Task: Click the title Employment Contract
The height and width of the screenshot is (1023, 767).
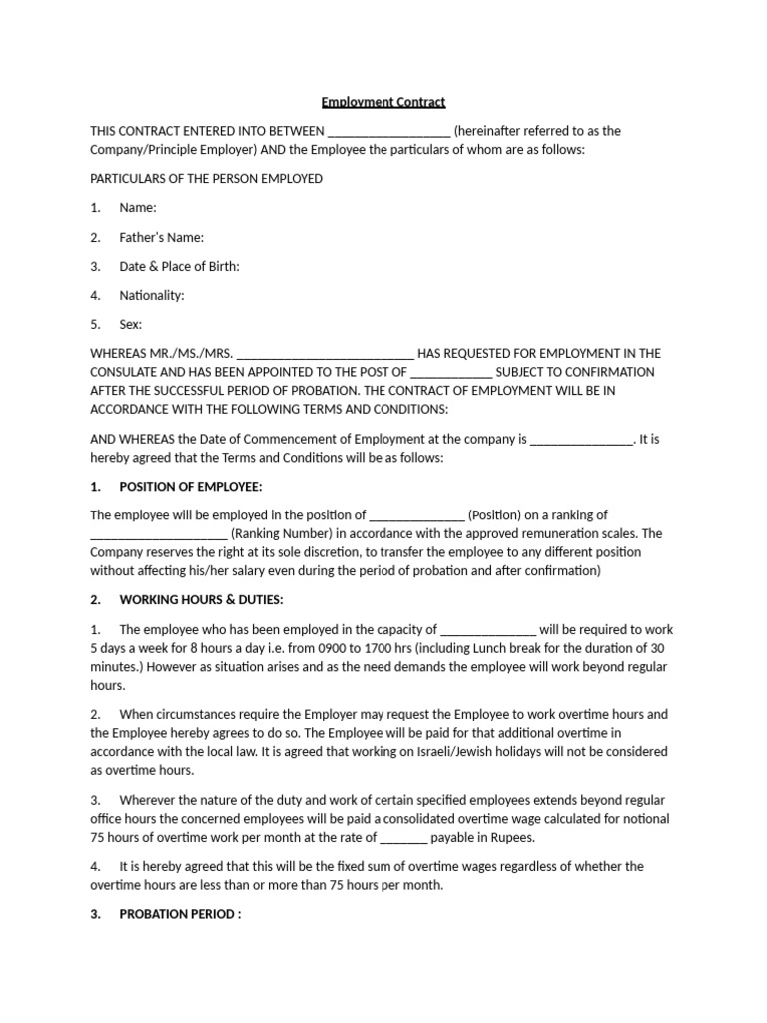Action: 383,102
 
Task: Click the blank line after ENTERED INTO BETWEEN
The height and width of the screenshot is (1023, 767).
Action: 388,132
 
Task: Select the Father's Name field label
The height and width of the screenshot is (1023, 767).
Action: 161,238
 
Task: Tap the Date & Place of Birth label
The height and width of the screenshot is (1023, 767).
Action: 179,267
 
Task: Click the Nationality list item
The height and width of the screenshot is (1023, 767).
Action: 152,296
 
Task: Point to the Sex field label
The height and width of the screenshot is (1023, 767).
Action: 130,325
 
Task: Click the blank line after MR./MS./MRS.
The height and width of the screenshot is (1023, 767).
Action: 327,355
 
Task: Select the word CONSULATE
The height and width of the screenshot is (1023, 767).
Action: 125,372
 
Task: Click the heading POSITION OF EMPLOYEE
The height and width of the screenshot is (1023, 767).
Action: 190,487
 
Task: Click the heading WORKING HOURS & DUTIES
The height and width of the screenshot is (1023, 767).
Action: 201,600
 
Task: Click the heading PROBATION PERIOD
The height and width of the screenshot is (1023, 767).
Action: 180,914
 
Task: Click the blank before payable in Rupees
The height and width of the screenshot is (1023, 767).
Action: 403,839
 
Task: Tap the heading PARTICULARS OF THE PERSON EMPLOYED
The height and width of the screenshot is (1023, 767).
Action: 207,179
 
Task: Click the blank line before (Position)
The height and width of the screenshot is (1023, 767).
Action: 416,516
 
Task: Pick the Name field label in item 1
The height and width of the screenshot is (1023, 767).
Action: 137,208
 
